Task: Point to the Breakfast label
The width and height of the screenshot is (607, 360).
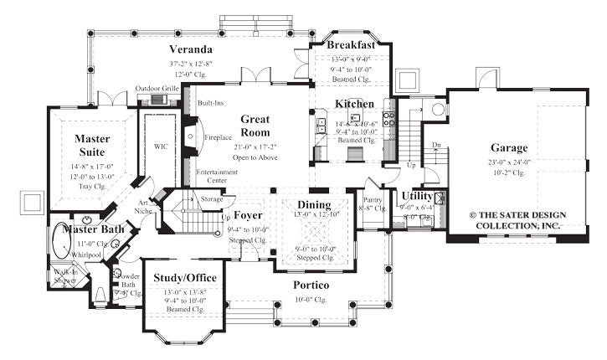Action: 350,44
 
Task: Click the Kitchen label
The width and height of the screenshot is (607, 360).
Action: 354,103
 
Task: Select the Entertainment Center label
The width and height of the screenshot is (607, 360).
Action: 217,176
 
